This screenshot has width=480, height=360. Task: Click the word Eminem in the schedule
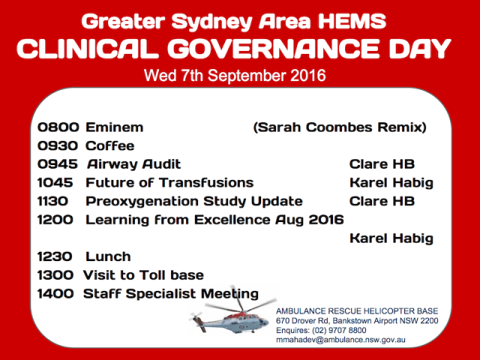click(114, 127)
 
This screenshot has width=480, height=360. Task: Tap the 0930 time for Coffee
click(55, 145)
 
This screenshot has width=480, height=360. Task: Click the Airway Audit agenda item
click(133, 164)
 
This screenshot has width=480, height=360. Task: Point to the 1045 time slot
click(55, 182)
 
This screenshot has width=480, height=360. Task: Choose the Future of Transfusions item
click(169, 182)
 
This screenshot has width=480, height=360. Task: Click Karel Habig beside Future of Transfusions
click(391, 182)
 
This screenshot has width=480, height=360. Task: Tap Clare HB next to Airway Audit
click(382, 164)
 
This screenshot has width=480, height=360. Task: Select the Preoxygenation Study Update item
click(193, 201)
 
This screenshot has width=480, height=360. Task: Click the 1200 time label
click(55, 220)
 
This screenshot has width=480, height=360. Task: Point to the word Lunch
click(108, 256)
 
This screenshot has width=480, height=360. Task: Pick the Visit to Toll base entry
click(142, 275)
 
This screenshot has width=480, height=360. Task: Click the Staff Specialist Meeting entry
click(170, 294)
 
